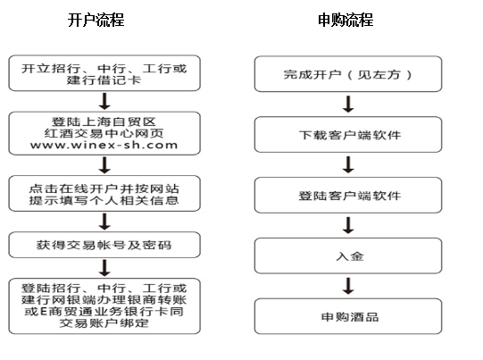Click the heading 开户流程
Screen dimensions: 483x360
click(96, 20)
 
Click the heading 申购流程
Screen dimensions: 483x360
click(346, 20)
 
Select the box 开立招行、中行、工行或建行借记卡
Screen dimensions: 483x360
click(104, 73)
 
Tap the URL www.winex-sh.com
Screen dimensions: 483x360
click(104, 145)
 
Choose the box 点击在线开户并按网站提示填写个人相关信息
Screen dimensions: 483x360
click(104, 194)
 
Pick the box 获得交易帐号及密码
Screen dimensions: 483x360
click(104, 245)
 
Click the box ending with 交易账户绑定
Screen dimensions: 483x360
click(104, 306)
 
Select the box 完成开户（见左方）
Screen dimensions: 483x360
click(348, 74)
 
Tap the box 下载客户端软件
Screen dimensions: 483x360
click(348, 134)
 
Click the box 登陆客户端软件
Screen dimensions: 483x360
click(348, 195)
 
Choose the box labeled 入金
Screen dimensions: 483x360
click(348, 255)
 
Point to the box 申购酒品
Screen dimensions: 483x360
click(348, 316)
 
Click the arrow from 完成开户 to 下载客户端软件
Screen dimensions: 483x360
click(348, 105)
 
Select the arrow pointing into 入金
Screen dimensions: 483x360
click(348, 225)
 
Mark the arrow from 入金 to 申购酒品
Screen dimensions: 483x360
click(348, 286)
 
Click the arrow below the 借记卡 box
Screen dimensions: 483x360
click(104, 102)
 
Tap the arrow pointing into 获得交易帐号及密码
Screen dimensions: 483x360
click(104, 222)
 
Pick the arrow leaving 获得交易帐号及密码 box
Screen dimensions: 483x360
click(104, 268)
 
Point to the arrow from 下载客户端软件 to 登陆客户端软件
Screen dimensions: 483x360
click(348, 164)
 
